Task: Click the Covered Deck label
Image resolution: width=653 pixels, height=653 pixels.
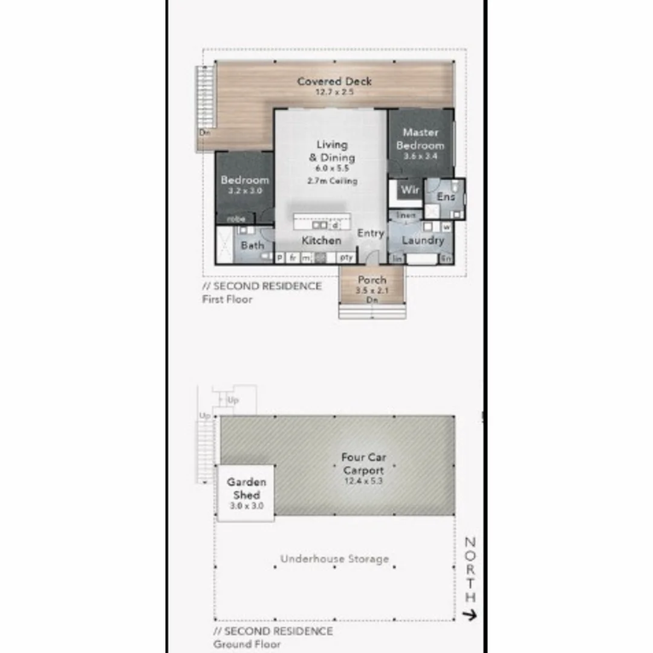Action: click(x=334, y=82)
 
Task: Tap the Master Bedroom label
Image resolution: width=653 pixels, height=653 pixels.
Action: click(x=420, y=139)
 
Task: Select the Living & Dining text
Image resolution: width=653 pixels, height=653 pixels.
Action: click(x=332, y=151)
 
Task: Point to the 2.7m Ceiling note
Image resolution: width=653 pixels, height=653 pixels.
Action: click(x=332, y=181)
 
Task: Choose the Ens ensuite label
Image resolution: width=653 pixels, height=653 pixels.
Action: click(x=446, y=197)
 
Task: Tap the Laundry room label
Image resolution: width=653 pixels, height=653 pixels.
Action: click(x=423, y=240)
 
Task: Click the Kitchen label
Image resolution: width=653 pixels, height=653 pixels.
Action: click(x=321, y=241)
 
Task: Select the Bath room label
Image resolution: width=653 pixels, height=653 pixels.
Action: click(x=252, y=245)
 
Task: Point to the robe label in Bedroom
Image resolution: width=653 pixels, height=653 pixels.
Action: click(x=236, y=219)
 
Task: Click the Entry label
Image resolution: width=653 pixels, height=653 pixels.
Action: click(x=371, y=233)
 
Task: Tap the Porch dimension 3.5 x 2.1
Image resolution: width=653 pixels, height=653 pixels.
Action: click(x=372, y=290)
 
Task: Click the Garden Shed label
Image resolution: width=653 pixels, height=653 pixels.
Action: click(x=246, y=489)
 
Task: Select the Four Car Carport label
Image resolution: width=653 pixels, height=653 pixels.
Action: click(x=363, y=464)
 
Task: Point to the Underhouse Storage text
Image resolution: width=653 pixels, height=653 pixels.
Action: click(x=334, y=559)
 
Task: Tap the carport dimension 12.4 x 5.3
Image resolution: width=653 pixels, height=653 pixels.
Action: click(x=363, y=481)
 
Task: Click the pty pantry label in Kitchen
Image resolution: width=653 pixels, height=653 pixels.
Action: click(x=346, y=258)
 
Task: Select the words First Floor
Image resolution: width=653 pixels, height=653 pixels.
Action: click(x=227, y=299)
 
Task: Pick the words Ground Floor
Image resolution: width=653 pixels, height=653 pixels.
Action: click(x=247, y=645)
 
